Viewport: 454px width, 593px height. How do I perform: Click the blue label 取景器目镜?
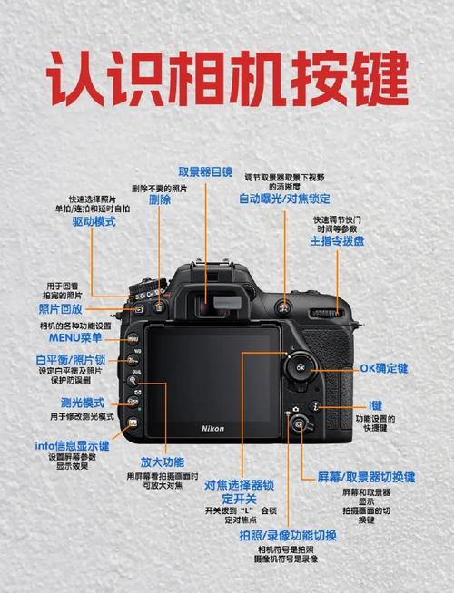pos(204,171)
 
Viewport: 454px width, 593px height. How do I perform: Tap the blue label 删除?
pos(159,199)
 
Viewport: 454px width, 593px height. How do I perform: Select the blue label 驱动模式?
pos(94,221)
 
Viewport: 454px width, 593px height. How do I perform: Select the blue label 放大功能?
pos(161,462)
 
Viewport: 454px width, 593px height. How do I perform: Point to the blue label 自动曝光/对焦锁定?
pos(284,199)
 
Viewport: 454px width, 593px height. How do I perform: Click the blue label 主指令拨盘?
pos(337,241)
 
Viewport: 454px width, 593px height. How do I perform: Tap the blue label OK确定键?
pos(384,368)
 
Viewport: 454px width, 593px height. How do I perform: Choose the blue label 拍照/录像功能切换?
pos(288,537)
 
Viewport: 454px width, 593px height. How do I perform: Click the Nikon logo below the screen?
pos(212,427)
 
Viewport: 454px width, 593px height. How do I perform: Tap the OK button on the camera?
pos(300,367)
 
